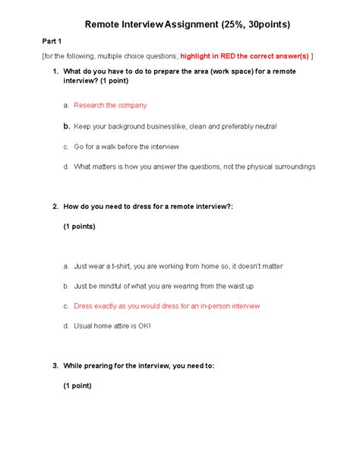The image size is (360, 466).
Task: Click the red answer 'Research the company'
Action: pyautogui.click(x=110, y=106)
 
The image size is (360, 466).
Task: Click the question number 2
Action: pyautogui.click(x=55, y=206)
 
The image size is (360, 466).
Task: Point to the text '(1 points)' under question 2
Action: pyautogui.click(x=79, y=226)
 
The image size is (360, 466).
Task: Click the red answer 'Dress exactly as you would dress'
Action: pyautogui.click(x=166, y=306)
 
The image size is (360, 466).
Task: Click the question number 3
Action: pyautogui.click(x=55, y=366)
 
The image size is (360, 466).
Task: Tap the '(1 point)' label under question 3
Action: pyautogui.click(x=77, y=385)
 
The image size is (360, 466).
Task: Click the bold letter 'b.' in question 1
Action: pyautogui.click(x=67, y=126)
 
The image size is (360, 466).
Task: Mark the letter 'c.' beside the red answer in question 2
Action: pyautogui.click(x=67, y=306)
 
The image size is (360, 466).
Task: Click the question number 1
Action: pyautogui.click(x=55, y=71)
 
